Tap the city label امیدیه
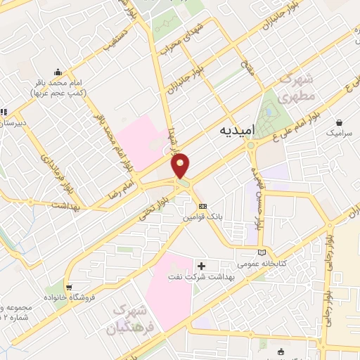coord(235,131)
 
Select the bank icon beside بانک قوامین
coord(202,206)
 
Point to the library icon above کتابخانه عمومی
coord(262,252)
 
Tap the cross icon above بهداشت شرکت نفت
coord(202,266)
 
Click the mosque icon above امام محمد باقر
coord(58,72)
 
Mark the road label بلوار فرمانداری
coord(57,173)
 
